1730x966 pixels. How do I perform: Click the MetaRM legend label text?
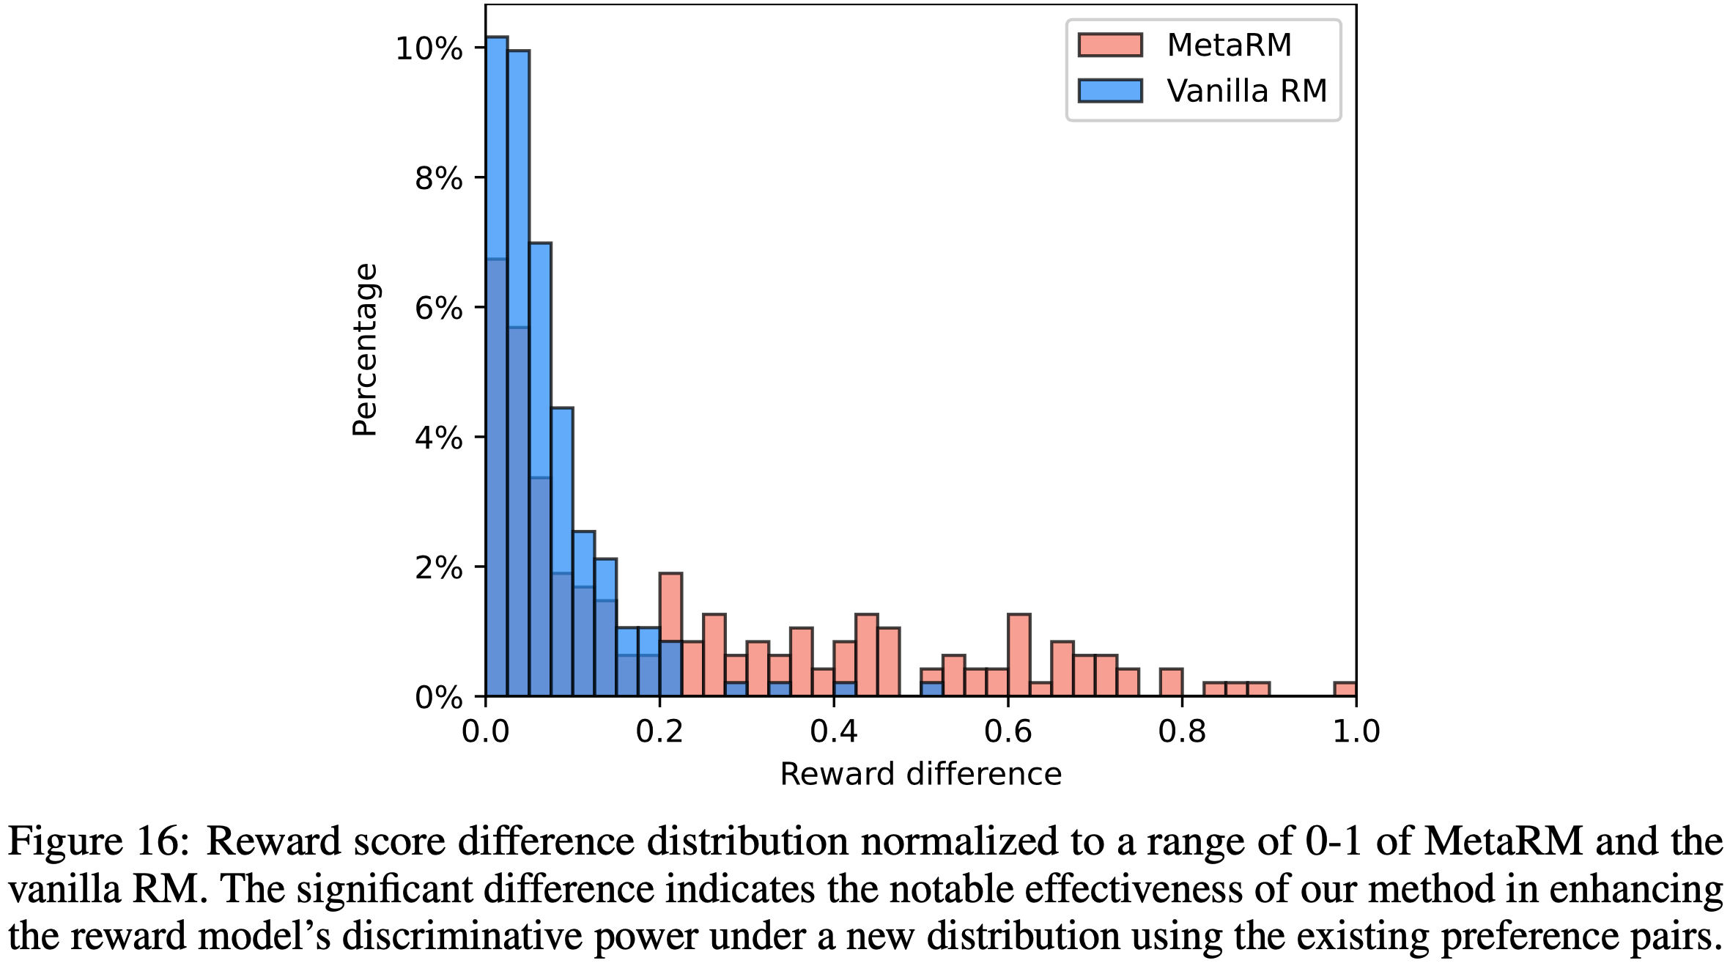point(1229,45)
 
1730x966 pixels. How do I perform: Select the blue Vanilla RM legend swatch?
point(1110,91)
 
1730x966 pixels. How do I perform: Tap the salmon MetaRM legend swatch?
point(1110,45)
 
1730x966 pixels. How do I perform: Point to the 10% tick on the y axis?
point(429,49)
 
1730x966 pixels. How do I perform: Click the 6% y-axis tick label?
point(438,309)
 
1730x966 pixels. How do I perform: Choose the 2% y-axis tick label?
point(438,568)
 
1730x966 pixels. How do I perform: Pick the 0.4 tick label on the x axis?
point(834,731)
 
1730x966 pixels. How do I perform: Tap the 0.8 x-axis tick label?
point(1182,731)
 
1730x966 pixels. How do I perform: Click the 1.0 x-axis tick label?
point(1356,731)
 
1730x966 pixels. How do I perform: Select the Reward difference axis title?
point(920,775)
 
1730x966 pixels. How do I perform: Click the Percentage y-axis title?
point(365,350)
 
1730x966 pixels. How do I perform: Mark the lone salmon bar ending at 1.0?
point(1345,689)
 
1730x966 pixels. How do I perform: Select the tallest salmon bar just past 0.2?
point(670,608)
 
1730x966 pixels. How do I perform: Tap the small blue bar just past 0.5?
point(932,689)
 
